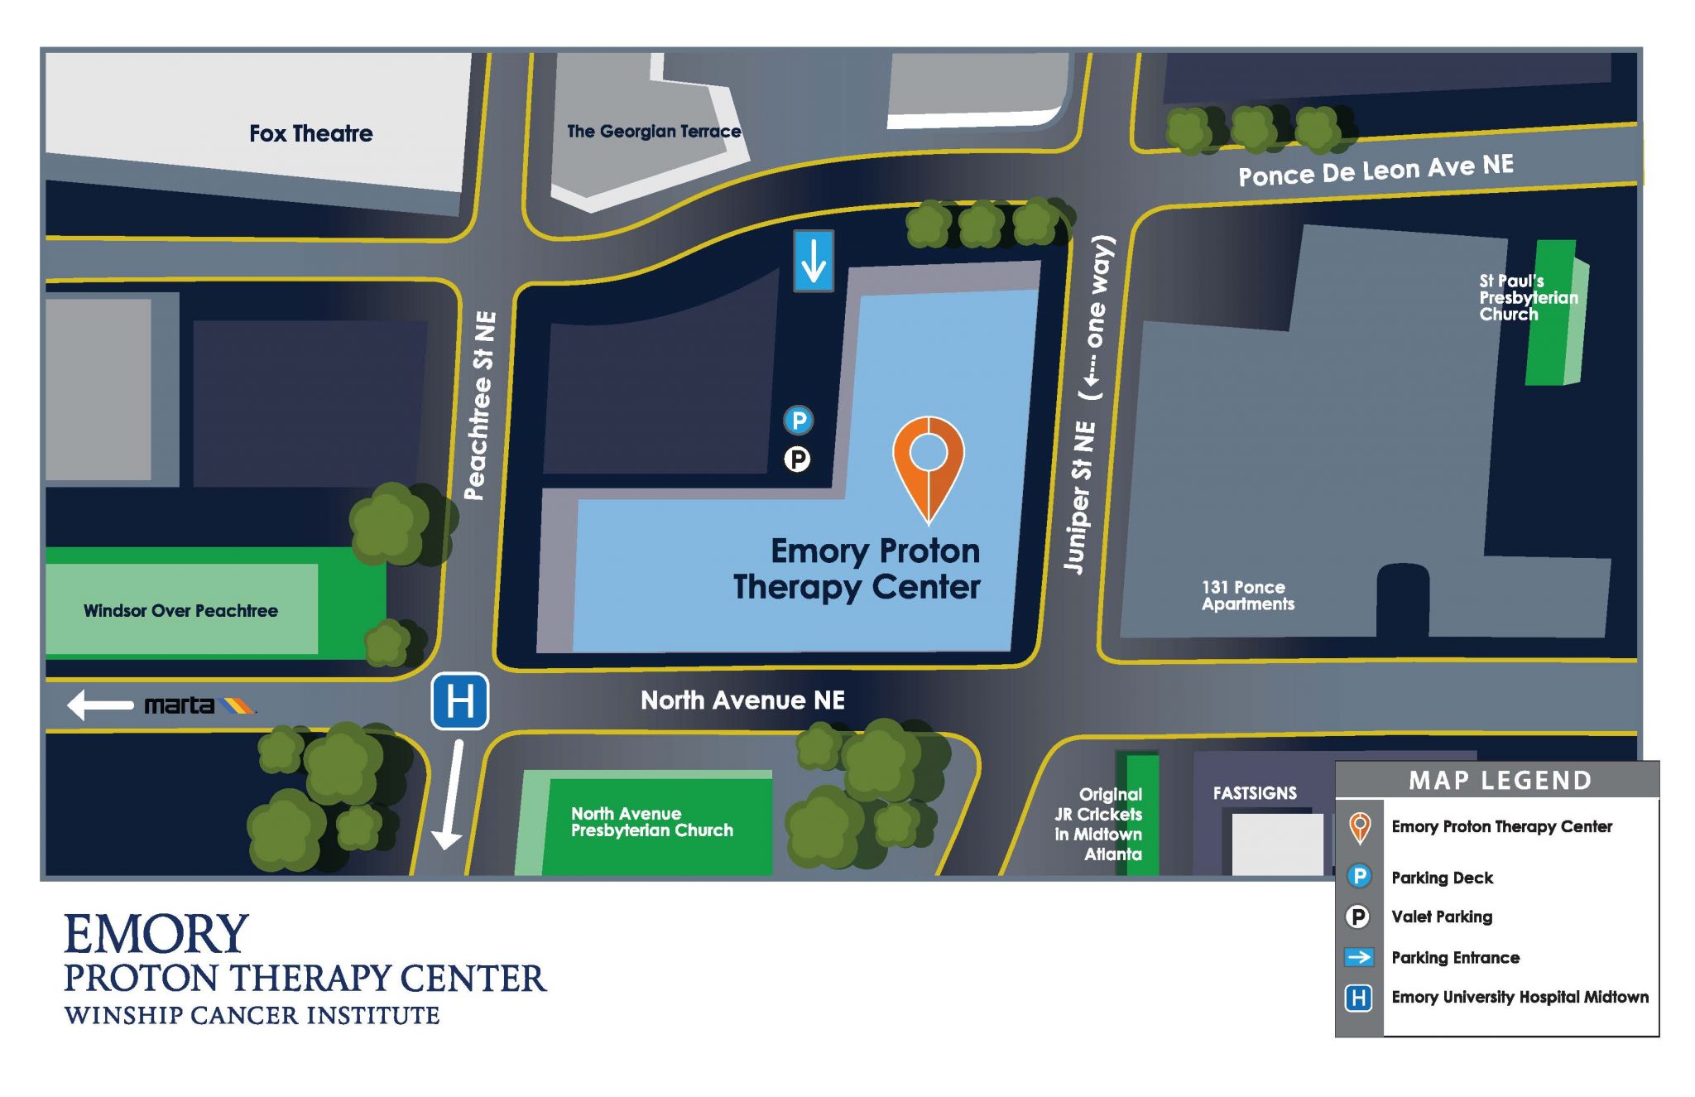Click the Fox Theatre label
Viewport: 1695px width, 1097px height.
coord(310,133)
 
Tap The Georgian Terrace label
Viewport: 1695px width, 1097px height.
coord(653,131)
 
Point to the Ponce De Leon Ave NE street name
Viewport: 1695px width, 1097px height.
coord(1376,170)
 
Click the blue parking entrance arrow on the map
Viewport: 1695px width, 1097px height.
coord(814,261)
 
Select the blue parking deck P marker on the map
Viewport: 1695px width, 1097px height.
coord(799,421)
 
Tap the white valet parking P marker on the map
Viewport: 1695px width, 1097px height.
coord(797,459)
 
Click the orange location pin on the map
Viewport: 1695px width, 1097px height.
coord(929,464)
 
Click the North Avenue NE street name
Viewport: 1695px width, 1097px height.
coord(742,700)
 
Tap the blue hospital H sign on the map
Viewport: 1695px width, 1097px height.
coord(459,701)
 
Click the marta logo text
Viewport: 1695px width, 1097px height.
coord(180,705)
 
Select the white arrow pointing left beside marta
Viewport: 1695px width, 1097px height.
coord(99,705)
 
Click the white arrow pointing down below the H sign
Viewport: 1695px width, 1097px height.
coord(449,795)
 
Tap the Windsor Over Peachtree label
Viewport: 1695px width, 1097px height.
coord(180,611)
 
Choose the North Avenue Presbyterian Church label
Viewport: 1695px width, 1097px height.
coord(651,822)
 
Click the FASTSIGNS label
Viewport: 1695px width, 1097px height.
coord(1255,793)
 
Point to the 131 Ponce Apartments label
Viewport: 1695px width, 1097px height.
coord(1247,595)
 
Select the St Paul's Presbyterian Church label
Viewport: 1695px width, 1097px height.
coord(1527,297)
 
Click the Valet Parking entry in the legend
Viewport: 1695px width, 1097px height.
coord(1442,917)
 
